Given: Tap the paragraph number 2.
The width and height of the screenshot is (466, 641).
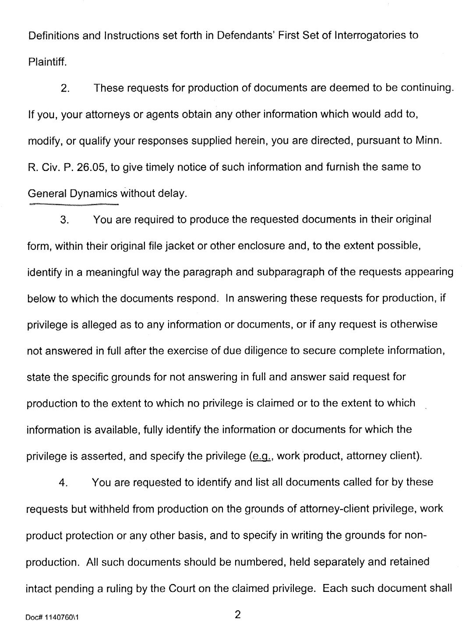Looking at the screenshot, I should [x=65, y=88].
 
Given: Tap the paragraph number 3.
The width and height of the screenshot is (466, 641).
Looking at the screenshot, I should [x=65, y=220].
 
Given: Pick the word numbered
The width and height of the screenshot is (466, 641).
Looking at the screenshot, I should [x=274, y=562].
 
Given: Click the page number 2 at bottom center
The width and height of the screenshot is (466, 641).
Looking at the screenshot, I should [x=238, y=615].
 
